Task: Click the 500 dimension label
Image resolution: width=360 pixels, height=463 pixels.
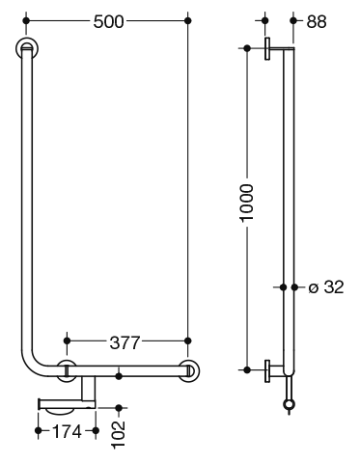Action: [x=108, y=22]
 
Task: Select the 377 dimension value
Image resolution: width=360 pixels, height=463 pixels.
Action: [x=125, y=342]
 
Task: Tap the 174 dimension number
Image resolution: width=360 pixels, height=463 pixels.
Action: [x=67, y=431]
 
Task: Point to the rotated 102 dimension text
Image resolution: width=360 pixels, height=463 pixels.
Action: [x=118, y=434]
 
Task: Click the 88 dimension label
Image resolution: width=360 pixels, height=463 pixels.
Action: [x=317, y=22]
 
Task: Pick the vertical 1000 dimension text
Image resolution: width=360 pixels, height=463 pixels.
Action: [x=247, y=203]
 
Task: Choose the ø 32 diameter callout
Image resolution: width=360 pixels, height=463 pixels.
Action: [x=326, y=286]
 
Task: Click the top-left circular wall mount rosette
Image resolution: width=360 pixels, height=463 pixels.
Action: [x=27, y=49]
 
